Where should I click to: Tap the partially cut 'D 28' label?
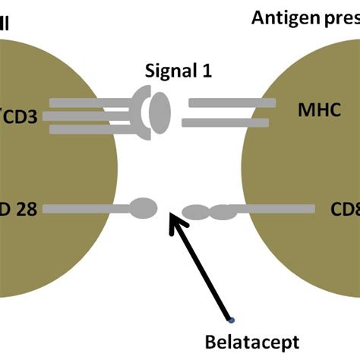19,207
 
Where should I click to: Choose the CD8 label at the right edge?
345,207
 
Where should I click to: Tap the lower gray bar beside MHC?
227,123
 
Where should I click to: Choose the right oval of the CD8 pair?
223,212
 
